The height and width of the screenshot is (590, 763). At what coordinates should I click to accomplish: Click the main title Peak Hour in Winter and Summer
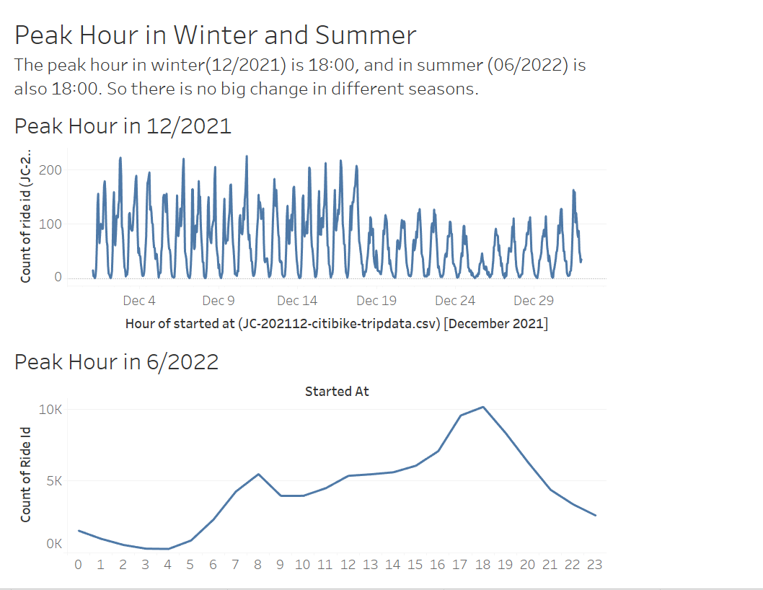(215, 36)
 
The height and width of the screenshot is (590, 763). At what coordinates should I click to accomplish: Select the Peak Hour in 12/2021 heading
(123, 126)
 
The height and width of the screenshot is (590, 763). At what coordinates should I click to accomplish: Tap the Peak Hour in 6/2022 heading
(116, 361)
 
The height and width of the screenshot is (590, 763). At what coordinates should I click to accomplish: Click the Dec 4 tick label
(139, 301)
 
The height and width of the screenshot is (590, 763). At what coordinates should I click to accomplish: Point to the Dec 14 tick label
(297, 301)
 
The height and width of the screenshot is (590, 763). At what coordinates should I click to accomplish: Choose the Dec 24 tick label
(456, 301)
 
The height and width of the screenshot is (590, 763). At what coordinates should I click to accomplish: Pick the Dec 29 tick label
(534, 301)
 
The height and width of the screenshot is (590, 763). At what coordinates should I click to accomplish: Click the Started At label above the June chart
(337, 392)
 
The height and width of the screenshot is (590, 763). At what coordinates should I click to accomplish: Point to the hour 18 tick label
(483, 565)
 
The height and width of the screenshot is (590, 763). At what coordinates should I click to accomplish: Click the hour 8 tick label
(258, 565)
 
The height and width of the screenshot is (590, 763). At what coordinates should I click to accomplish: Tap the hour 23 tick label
(595, 565)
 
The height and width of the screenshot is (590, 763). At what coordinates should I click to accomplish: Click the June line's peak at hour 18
(483, 407)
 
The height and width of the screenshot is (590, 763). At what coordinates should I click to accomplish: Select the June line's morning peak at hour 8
(258, 474)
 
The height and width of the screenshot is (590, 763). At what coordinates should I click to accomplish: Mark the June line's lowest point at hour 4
(168, 549)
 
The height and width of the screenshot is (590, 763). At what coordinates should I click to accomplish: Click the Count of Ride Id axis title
(26, 474)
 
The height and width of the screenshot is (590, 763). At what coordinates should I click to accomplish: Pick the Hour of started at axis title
(336, 323)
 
